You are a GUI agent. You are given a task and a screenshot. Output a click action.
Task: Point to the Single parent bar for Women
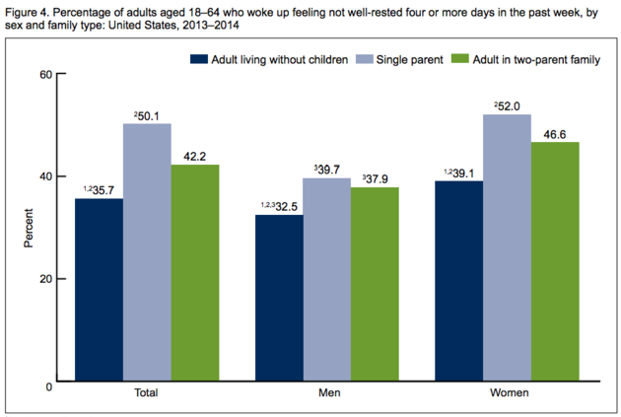tap(506, 247)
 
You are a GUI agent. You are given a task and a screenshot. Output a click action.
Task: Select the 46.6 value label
tap(554, 134)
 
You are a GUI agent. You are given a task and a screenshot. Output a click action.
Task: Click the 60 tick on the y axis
tap(45, 74)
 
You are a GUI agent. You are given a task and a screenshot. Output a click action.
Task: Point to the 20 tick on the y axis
tap(45, 279)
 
